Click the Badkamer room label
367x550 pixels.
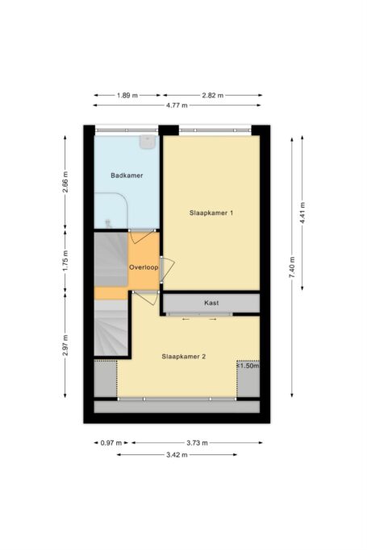point(127,175)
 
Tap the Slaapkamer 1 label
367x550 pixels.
point(211,213)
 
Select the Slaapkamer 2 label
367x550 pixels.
point(184,355)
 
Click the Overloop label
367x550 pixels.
point(143,267)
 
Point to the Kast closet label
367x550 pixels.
point(212,303)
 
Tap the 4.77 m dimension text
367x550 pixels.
point(177,105)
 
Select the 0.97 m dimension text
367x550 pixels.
point(111,443)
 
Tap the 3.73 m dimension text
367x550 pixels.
point(196,443)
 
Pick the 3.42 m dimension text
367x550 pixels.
point(177,454)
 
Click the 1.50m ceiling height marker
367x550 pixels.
point(248,365)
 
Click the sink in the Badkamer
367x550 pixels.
point(147,142)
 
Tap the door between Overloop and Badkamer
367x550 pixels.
point(143,238)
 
